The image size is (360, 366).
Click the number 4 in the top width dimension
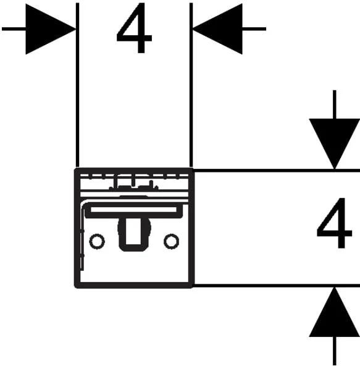pos(134,28)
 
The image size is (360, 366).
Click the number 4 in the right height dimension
pos(334,223)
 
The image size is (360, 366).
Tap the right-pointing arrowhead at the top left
pos(51,29)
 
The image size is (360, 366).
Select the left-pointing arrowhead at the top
pos(217,29)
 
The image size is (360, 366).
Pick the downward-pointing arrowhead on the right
pos(335,144)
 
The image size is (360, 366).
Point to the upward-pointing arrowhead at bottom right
pos(335,312)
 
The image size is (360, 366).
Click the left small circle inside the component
pos(97,241)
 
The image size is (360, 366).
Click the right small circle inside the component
pos(172,241)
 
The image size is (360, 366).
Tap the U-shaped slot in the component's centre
pos(133,248)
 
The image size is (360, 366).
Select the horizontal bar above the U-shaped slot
pos(133,210)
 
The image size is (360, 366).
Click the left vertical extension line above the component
pos(78,85)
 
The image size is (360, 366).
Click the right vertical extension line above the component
pos(191,85)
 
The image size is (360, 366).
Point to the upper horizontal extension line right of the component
pos(277,171)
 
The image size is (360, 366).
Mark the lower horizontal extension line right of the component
pos(277,286)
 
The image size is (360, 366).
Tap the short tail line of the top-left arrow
pos(14,29)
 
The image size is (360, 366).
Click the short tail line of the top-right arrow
pos(254,29)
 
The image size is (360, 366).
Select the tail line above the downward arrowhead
pos(335,104)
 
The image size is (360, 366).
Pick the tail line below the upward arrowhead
pos(335,351)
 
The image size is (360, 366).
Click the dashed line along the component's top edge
pos(134,176)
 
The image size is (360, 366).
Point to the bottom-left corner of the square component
pos(75,287)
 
